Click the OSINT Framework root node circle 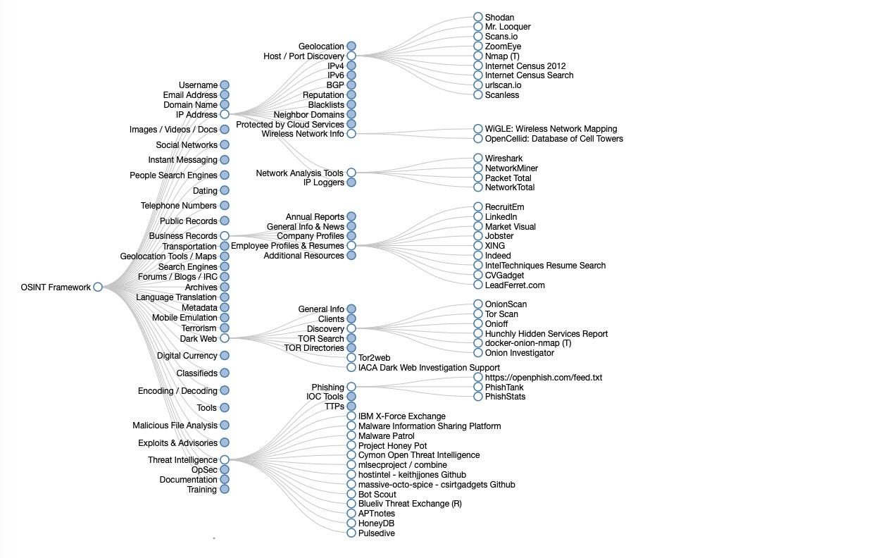(x=98, y=287)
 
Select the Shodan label (x=499, y=17)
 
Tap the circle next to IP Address (x=224, y=114)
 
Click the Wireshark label (x=503, y=159)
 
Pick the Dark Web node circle (x=224, y=338)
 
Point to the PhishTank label (x=504, y=387)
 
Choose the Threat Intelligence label (x=182, y=460)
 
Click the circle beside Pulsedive (x=351, y=533)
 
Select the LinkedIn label (x=501, y=217)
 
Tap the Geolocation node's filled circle (x=351, y=46)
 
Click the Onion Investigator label (x=519, y=353)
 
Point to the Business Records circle (x=224, y=236)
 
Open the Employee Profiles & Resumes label (x=287, y=246)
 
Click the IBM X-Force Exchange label (x=401, y=416)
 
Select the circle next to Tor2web (x=351, y=358)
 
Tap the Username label (x=198, y=85)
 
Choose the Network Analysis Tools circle (x=351, y=173)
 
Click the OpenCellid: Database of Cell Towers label (x=553, y=139)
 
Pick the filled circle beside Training (x=224, y=489)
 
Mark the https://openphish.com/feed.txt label (x=544, y=378)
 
